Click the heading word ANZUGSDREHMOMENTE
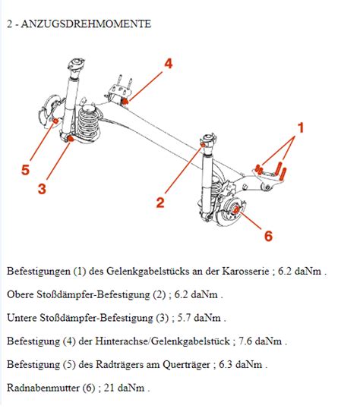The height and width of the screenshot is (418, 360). [86, 24]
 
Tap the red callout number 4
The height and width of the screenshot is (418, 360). [169, 64]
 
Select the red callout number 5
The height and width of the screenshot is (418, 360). [25, 170]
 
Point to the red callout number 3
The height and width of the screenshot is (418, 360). [42, 189]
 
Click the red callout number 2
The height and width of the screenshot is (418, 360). [160, 203]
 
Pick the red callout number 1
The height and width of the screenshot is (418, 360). [301, 127]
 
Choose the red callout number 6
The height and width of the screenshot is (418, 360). [268, 236]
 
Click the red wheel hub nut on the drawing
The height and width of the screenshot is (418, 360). [235, 210]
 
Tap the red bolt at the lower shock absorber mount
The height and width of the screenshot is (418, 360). [70, 138]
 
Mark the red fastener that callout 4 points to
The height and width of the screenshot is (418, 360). [125, 101]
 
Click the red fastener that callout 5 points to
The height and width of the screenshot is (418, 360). [55, 121]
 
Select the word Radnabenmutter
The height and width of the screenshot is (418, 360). [43, 388]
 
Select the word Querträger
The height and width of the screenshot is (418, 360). [186, 364]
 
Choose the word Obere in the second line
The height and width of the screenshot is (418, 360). [21, 294]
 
